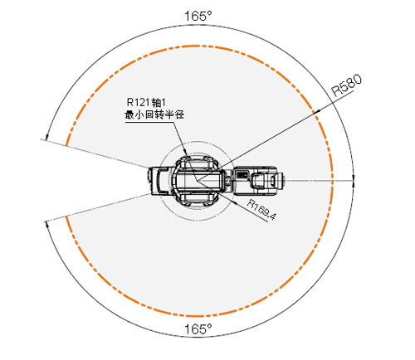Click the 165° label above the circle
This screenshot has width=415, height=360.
click(198, 17)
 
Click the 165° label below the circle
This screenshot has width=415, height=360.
click(198, 329)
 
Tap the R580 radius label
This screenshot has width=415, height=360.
click(347, 85)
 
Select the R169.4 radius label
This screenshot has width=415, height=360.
click(261, 210)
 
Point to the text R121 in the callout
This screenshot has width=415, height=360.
click(138, 102)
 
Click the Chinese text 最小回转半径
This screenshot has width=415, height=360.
click(154, 114)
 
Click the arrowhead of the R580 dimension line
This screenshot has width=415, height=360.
click(317, 111)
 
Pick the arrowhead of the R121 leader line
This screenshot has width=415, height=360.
click(186, 153)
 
